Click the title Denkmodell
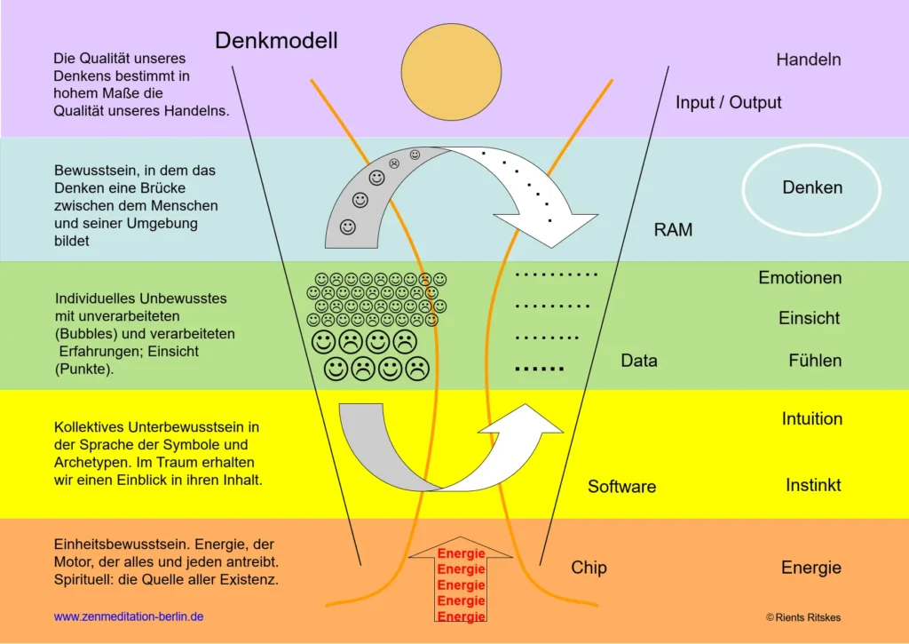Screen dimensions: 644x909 [276, 40]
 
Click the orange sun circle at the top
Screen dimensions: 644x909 [446, 74]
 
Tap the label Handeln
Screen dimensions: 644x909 [808, 60]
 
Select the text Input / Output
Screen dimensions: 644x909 [728, 102]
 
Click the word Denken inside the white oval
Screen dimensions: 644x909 [812, 187]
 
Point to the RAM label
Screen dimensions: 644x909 [673, 230]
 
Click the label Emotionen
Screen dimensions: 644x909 [799, 278]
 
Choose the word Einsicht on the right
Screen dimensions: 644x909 [809, 318]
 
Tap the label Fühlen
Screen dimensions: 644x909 [815, 361]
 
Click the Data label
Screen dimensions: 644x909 [638, 361]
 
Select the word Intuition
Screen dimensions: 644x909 [811, 418]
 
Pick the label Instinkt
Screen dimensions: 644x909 [813, 486]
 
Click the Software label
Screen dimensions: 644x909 [621, 487]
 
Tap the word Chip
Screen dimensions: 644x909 [589, 568]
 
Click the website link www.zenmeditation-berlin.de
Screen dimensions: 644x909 [129, 616]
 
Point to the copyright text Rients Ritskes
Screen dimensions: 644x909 [803, 616]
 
